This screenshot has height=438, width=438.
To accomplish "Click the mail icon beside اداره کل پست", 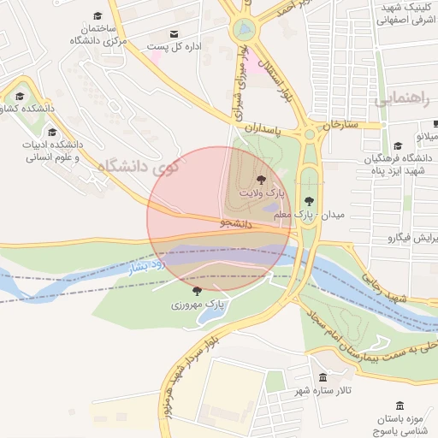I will (175, 34).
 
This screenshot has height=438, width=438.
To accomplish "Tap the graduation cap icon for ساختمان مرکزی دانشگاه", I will (98, 16).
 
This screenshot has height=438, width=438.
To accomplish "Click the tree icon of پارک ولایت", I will (260, 180).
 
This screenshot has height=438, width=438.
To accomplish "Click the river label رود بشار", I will (145, 265).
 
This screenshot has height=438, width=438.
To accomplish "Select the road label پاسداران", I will (263, 126).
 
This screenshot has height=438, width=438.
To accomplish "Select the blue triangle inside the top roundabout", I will (245, 28).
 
